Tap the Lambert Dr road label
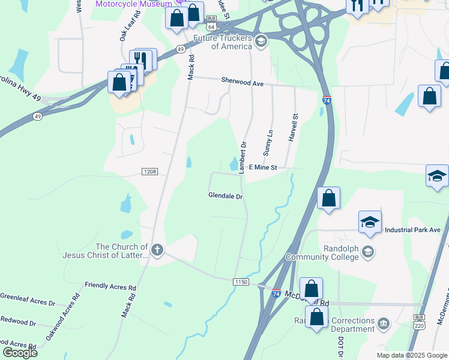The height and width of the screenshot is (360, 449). tap(244, 157)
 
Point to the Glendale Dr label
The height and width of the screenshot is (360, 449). tap(225, 196)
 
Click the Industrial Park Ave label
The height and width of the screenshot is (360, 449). tap(412, 230)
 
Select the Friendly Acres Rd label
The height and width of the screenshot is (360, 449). tap(110, 287)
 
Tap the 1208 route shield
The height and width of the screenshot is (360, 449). tap(149, 172)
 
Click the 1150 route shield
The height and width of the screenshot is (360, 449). tap(241, 281)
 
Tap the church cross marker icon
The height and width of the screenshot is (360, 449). tap(157, 250)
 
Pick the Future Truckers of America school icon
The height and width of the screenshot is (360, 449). tap(261, 41)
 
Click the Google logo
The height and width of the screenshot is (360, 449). tap(19, 353)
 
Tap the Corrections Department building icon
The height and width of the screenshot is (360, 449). tap(384, 325)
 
